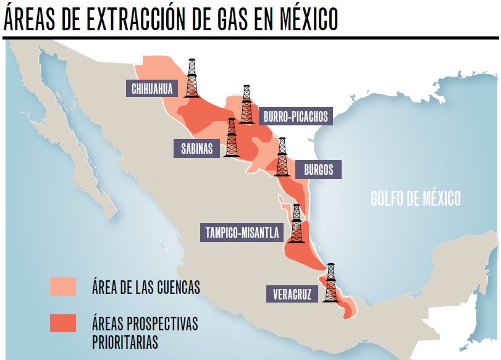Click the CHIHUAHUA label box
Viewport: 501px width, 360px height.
tap(152, 88)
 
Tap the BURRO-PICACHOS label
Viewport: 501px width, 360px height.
tap(295, 115)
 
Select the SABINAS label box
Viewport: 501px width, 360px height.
tap(196, 148)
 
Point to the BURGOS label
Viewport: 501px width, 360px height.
tap(318, 169)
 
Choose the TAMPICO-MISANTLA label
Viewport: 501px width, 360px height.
tap(242, 233)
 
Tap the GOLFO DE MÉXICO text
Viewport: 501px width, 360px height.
tap(416, 199)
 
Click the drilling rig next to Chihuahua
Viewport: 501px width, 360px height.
tap(192, 78)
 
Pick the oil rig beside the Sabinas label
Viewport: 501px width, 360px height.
tap(232, 137)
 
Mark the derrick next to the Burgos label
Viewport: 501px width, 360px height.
tap(282, 157)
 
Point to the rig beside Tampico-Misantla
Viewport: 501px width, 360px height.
tap(297, 223)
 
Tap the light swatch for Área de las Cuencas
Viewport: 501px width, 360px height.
tap(63, 287)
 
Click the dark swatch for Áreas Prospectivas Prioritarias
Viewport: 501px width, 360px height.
tap(63, 323)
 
